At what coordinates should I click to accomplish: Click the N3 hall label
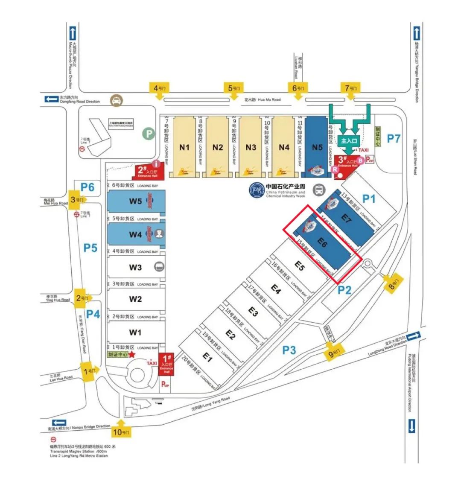251,147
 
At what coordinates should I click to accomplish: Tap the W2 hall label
135,299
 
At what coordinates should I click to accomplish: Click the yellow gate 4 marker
159,89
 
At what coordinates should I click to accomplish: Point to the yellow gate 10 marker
121,432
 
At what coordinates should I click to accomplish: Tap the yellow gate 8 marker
393,283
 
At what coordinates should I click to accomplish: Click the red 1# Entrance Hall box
166,364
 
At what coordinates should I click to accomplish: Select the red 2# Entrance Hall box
147,172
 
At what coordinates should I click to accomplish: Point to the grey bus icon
318,190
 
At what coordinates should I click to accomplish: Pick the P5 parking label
90,248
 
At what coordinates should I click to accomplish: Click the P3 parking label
289,350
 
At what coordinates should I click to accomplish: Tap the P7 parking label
393,138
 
